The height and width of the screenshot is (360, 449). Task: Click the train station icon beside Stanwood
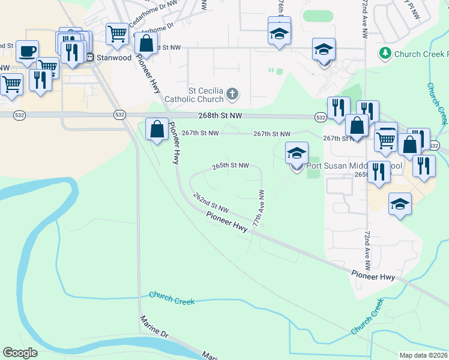[90, 58]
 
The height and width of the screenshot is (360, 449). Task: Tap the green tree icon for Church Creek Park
[385, 54]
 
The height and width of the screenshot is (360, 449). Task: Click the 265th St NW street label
[230, 166]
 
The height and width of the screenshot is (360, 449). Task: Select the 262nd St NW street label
[211, 202]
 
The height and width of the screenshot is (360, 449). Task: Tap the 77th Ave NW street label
[259, 208]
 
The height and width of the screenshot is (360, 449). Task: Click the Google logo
[20, 353]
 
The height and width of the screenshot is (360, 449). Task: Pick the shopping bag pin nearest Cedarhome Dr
[146, 43]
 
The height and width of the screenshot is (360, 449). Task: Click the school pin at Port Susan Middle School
[297, 154]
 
